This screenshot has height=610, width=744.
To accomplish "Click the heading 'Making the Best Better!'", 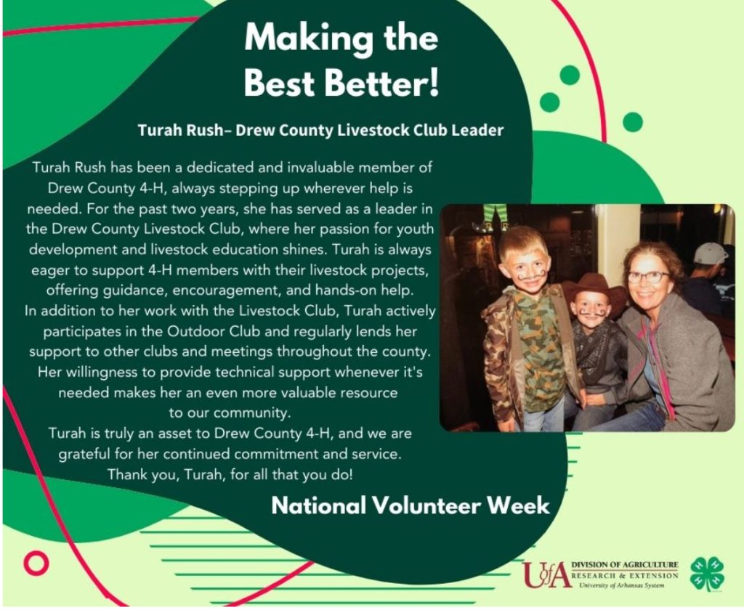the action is (341, 60).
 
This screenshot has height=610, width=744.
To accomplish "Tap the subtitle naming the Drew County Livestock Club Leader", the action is (320, 130).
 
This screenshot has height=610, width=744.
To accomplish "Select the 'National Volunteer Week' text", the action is (411, 505).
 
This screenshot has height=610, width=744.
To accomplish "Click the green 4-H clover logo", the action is (707, 574).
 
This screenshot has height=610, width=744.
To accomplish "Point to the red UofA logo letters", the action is (546, 574).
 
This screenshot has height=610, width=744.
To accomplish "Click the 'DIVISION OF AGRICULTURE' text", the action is (624, 564).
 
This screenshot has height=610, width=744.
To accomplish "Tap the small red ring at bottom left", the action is (36, 563).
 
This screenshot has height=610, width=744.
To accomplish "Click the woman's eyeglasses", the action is (647, 277).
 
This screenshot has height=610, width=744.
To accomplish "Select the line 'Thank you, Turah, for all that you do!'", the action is (230, 475).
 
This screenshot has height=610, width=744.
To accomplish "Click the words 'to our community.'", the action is (230, 413).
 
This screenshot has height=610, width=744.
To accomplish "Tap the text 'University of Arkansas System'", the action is (622, 585).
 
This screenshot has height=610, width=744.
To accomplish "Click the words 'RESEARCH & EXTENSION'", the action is (625, 575).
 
